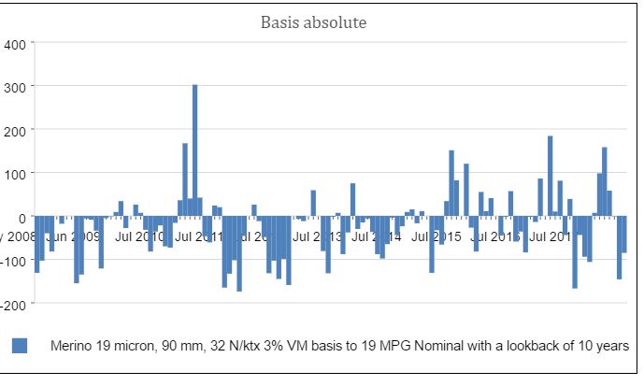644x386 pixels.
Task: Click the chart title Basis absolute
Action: coord(320,21)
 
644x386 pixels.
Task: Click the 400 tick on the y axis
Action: coord(18,44)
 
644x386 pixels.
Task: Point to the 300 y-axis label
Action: coord(18,87)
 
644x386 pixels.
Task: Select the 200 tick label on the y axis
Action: coord(18,131)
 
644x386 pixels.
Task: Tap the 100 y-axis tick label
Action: coord(18,174)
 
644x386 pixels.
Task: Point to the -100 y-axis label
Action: coord(15,261)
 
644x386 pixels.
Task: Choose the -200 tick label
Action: coord(15,305)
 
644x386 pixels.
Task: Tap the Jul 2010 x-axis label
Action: coord(140,236)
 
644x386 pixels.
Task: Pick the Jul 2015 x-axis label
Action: coord(436,236)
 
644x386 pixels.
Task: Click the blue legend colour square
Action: coord(20,346)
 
